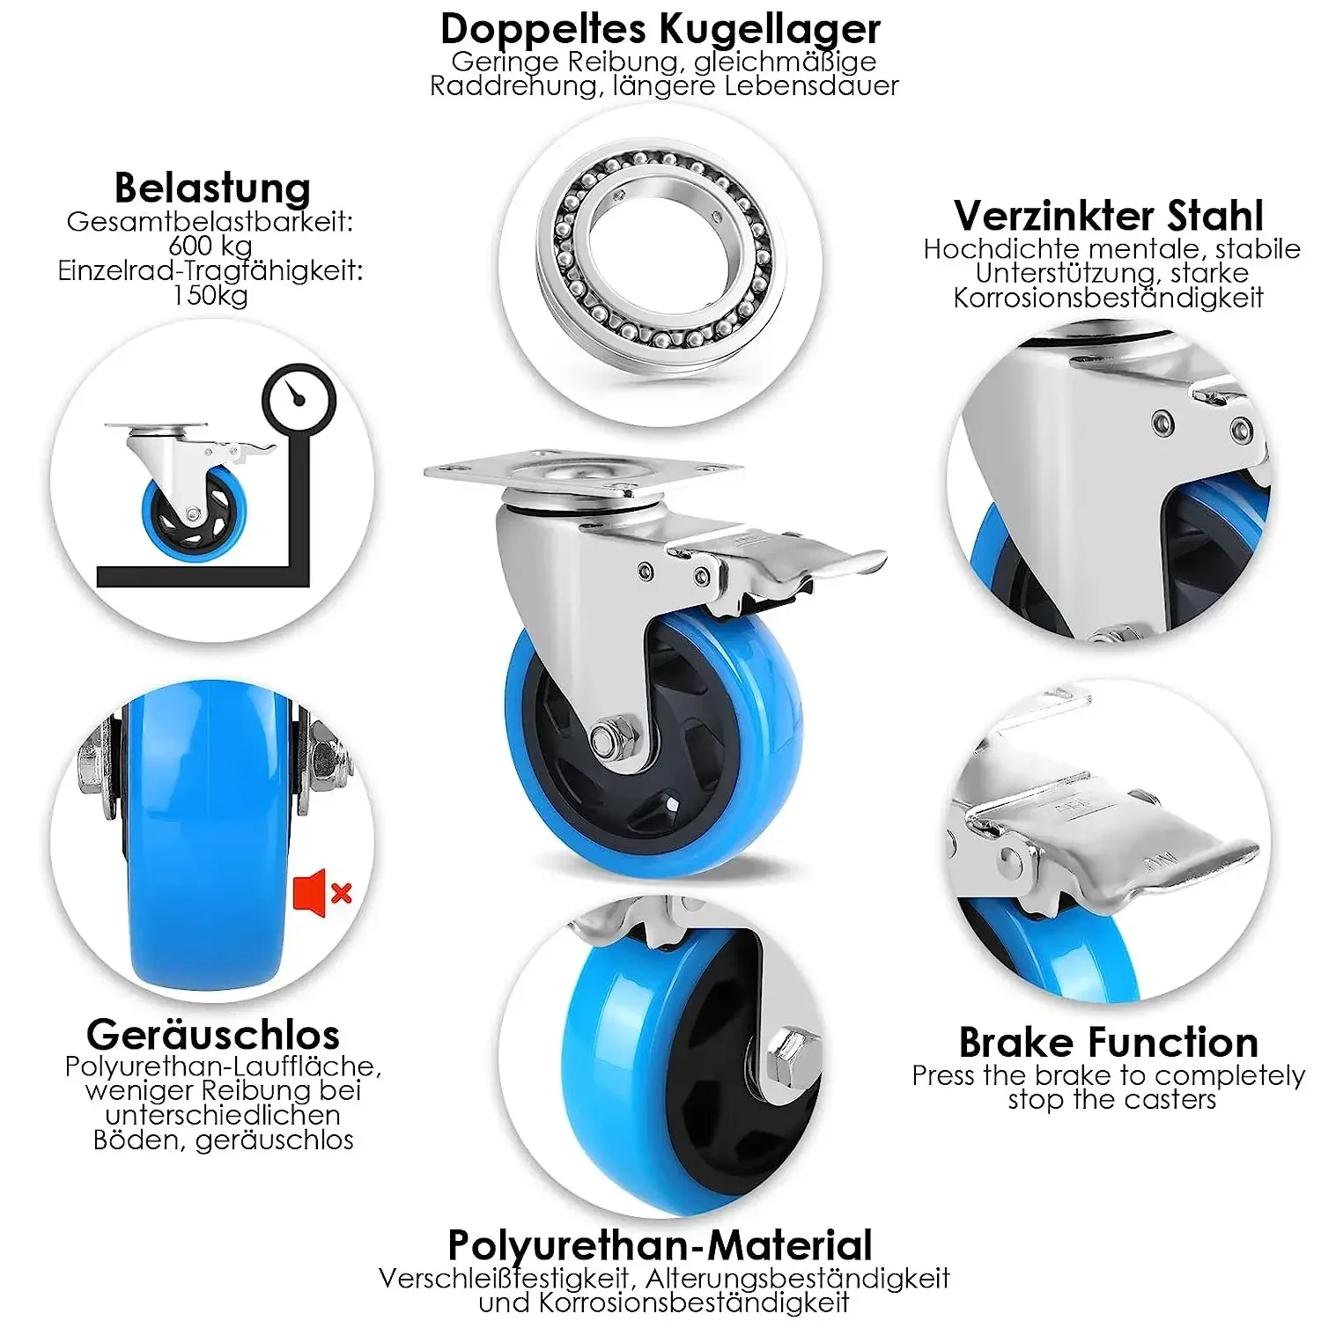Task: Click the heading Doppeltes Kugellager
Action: point(660,29)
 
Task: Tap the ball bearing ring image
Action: point(655,263)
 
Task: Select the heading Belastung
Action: point(212,188)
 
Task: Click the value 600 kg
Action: point(210,245)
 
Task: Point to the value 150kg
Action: point(210,295)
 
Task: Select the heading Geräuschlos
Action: point(213,1034)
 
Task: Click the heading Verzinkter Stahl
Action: point(1108,216)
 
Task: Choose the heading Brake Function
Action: point(1108,1043)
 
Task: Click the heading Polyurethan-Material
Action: point(660,1245)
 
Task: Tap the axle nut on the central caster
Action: point(607,737)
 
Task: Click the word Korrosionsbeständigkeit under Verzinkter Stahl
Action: point(1108,298)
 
